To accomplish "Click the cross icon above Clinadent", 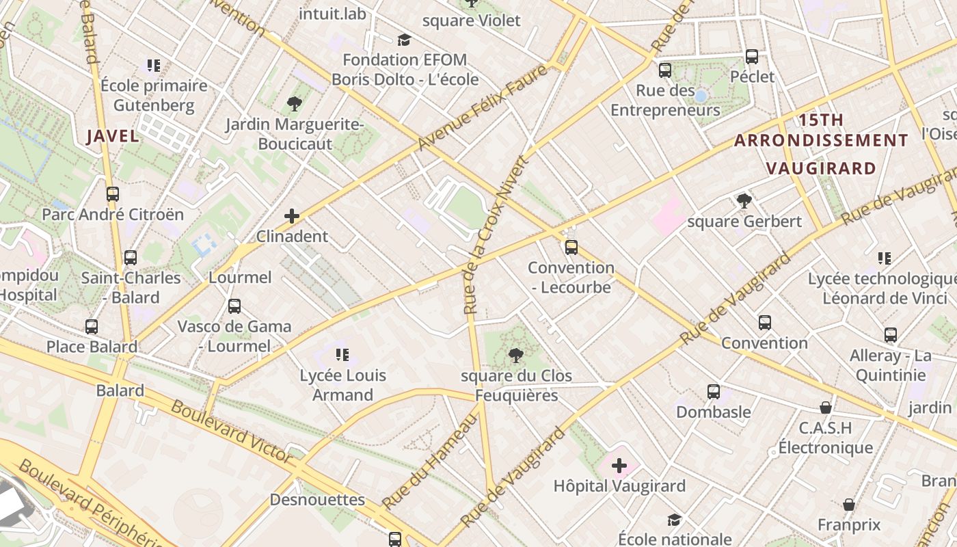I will tap(292, 217).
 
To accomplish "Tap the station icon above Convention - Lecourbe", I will tap(571, 248).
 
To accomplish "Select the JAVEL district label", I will tap(113, 136).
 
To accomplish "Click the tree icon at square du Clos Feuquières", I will tap(516, 356).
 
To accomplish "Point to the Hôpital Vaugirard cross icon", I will tap(619, 466).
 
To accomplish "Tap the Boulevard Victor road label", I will tap(232, 430).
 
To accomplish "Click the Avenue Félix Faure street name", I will tap(483, 107).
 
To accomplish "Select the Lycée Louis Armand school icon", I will tap(342, 355).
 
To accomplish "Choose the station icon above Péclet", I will tap(752, 57).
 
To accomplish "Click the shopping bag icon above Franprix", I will tap(849, 505).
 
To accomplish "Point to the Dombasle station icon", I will tap(714, 392).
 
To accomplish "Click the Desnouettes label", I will tap(317, 500).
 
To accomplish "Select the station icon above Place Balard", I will tap(92, 327).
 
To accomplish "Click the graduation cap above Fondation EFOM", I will tap(405, 40).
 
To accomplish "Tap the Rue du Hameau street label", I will tap(429, 460).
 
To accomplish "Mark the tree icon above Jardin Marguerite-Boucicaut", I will tap(295, 104).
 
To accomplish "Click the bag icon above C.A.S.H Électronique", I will tap(826, 408).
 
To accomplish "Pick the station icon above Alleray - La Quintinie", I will tap(891, 335).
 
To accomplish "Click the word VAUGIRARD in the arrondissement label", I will tap(820, 168).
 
